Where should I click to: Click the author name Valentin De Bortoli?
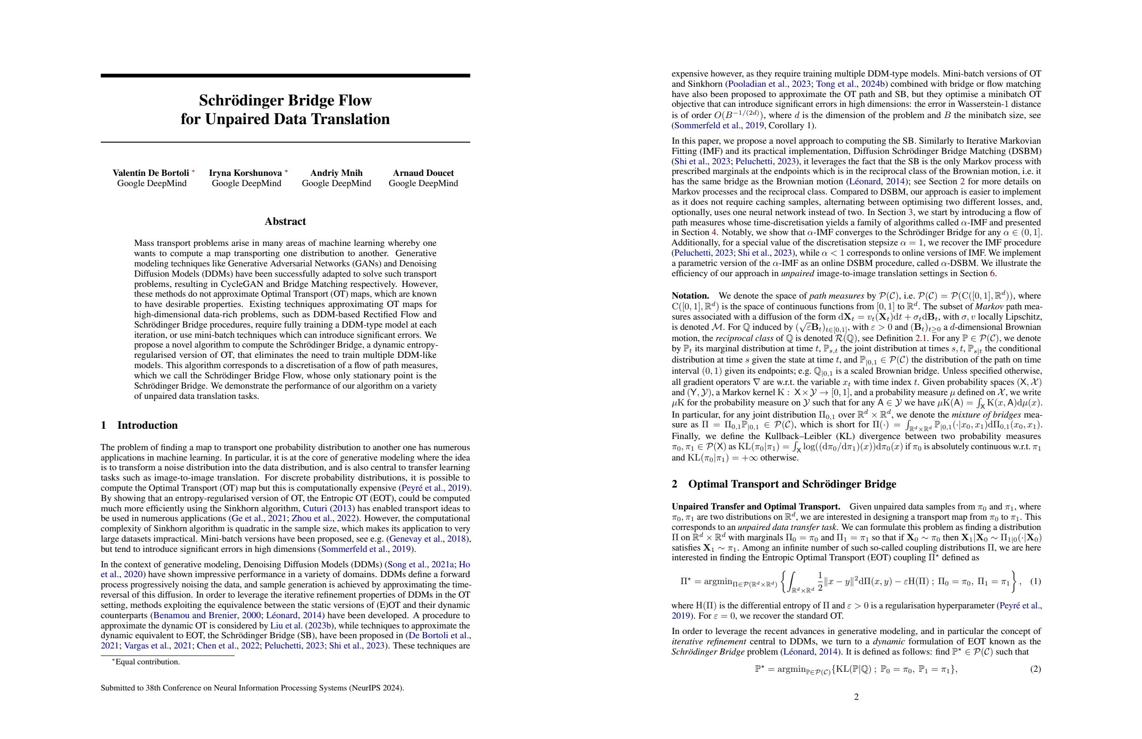pos(151,173)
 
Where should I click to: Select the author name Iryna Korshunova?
pos(245,173)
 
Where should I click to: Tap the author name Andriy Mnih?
pos(336,173)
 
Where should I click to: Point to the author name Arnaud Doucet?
pos(423,173)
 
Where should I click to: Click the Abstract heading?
pos(285,221)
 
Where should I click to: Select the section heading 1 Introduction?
pos(139,425)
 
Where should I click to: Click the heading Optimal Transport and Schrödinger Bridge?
pos(792,484)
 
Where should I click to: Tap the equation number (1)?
pos(1036,582)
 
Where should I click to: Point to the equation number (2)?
pos(1036,669)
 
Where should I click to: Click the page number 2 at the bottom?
pos(856,697)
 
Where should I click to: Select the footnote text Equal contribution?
pos(147,662)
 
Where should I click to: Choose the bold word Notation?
pos(690,296)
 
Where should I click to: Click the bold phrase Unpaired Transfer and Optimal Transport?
pos(756,507)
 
